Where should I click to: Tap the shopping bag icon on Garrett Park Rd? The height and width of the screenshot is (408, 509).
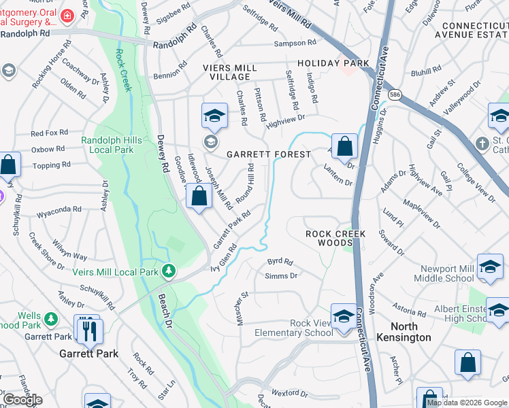(199, 197)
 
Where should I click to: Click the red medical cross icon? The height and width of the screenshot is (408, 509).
(68, 15)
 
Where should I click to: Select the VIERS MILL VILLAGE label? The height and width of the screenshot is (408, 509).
(230, 73)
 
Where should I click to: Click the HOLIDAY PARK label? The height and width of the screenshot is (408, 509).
(333, 63)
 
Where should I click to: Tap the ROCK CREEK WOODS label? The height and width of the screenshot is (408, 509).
(335, 238)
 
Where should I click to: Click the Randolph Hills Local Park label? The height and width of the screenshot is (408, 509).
(112, 145)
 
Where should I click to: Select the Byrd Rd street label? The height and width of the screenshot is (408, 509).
(280, 261)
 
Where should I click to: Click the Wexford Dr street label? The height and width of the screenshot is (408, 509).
(289, 394)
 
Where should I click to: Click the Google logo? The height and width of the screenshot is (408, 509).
(23, 400)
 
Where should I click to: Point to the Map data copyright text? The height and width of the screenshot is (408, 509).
(467, 403)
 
